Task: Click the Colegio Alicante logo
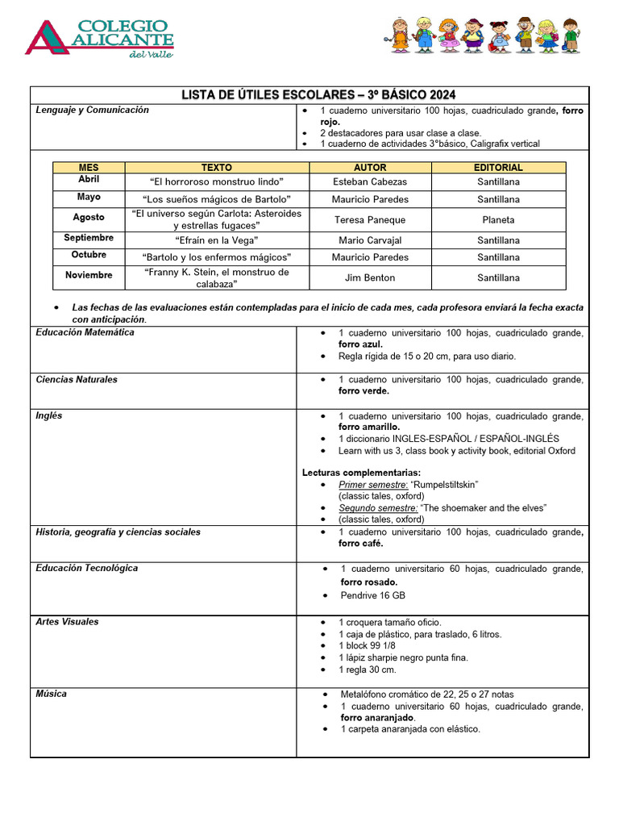[100, 37]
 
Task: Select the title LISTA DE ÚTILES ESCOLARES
[318, 95]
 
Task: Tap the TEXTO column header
[216, 168]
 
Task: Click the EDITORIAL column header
[498, 168]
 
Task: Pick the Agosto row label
[89, 218]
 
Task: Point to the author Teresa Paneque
[370, 219]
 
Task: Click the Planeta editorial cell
[498, 219]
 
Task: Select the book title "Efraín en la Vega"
[216, 240]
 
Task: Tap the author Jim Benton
[370, 277]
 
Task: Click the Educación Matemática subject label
[85, 332]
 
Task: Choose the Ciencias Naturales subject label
[77, 380]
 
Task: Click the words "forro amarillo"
[369, 427]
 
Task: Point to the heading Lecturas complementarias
[361, 473]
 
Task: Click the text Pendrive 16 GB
[372, 595]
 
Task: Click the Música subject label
[52, 694]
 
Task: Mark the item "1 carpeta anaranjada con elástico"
[409, 729]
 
